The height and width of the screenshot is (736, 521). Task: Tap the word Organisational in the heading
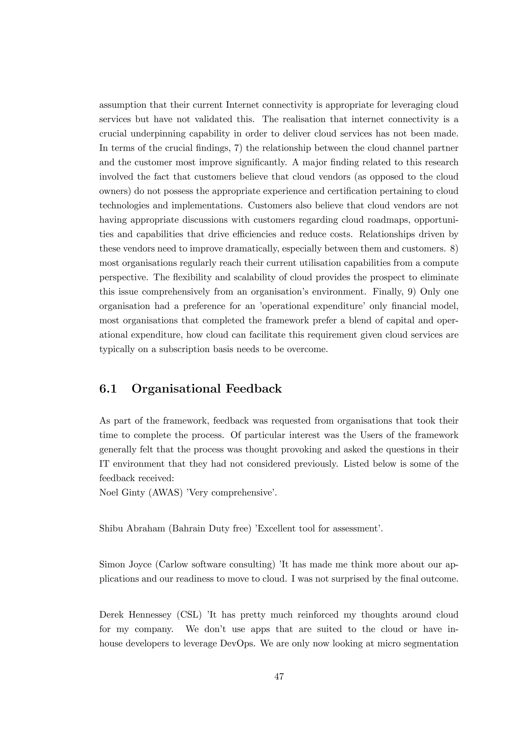pos(176,389)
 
